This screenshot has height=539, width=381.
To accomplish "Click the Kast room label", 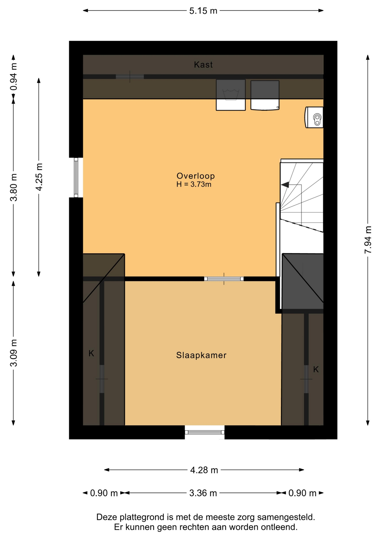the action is point(203,65).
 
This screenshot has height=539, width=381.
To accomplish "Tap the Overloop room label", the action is point(196,176).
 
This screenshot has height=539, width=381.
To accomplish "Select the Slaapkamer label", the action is point(201,355).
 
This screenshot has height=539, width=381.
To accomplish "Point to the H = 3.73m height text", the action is point(194,184).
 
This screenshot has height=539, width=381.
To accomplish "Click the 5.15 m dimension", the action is point(203,11).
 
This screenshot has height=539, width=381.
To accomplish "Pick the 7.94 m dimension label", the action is point(368,239).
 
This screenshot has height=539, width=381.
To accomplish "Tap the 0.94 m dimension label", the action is point(13,77).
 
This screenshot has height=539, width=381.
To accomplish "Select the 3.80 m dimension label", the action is point(13,187).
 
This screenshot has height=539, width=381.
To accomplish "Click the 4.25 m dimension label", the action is point(39,177).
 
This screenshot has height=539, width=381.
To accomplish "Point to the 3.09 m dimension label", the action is point(13,353).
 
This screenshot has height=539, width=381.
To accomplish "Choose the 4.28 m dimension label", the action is point(204,470).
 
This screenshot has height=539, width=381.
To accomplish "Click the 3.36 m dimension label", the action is point(203,493).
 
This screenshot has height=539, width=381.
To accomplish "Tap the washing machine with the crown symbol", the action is point(231,95).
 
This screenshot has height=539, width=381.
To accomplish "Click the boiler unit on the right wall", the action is point(314,117).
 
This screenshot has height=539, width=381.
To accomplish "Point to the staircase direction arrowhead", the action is point(285,185).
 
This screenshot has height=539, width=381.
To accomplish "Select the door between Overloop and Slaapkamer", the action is point(224,279).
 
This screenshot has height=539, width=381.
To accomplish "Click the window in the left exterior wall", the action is point(76,177).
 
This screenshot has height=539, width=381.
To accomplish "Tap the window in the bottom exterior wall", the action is point(205,432).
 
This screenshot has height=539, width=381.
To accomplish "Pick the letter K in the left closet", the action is point(91,353).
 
